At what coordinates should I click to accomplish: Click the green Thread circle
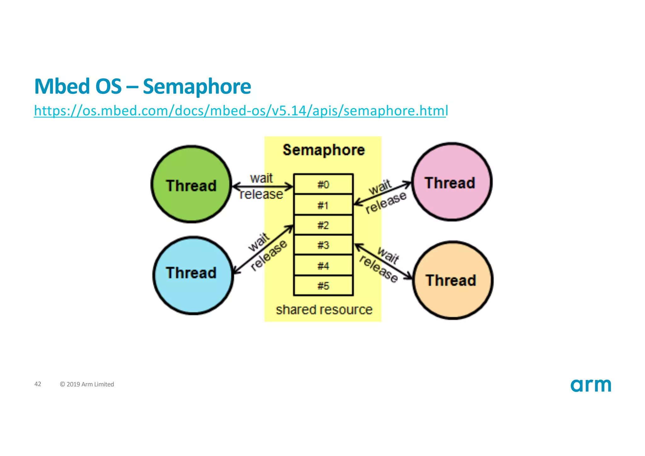pos(191,184)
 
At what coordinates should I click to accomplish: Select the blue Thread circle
pos(193,275)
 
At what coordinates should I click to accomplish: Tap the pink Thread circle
pos(452,182)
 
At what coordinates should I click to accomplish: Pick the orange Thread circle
pos(453,280)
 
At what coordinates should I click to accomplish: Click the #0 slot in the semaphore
pos(323,184)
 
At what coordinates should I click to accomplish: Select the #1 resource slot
pos(323,205)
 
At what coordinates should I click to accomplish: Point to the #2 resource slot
pos(323,225)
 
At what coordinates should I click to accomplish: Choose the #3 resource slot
pos(323,245)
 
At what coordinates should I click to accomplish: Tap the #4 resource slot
pos(323,266)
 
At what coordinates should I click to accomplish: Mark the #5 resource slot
pos(323,286)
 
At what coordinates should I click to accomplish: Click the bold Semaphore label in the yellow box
pos(324,150)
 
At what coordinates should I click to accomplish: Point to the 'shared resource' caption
pos(324,310)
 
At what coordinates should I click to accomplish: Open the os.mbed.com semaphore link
pos(241,111)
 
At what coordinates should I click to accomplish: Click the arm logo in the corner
pos(591,385)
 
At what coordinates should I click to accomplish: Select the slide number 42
pos(38,384)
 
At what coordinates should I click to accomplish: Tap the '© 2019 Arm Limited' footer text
pos(87,384)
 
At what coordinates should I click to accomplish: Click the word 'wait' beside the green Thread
pos(261,178)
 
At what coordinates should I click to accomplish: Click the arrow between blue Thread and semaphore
pos(263,249)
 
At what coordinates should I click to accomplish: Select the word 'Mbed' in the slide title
pos(62,86)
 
